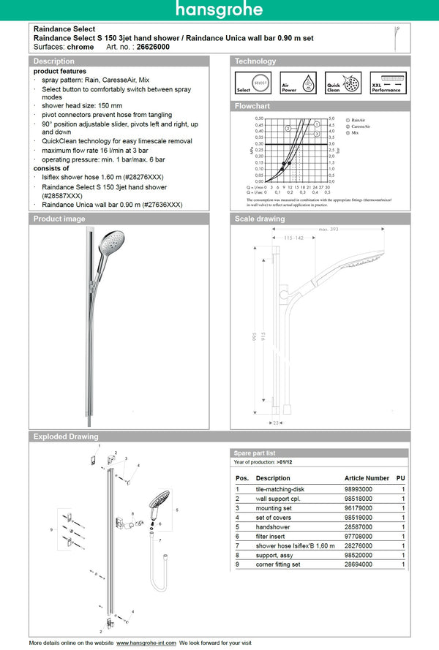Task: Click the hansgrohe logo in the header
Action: click(x=219, y=10)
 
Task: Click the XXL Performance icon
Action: click(x=386, y=83)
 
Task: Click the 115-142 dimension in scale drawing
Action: click(x=294, y=238)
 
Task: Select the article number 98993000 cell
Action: click(x=359, y=488)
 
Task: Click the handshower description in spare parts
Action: click(x=273, y=526)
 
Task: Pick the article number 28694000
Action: click(x=359, y=564)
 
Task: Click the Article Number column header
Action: click(x=367, y=477)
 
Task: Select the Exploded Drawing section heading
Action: click(x=66, y=437)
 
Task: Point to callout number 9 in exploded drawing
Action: click(x=51, y=528)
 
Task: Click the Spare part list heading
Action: click(x=255, y=453)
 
